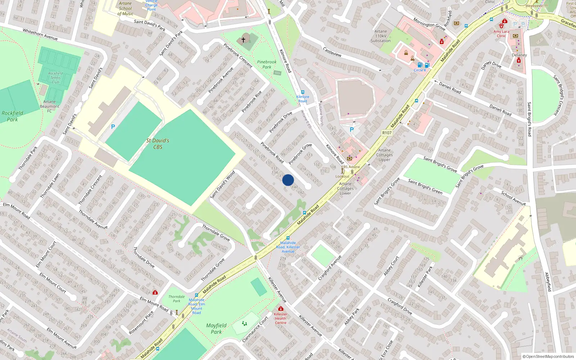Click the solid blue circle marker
288,180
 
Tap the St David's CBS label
158,144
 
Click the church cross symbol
243,40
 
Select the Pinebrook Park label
267,64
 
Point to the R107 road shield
387,133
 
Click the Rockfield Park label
12,116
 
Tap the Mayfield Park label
216,328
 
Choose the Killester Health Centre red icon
280,309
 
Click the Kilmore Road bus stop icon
302,92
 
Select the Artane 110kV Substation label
381,36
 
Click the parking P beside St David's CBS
113,127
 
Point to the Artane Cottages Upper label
384,155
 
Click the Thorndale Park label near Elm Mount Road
176,299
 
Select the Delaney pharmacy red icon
519,60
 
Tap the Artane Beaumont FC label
50,106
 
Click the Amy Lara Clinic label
501,33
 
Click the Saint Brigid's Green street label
425,186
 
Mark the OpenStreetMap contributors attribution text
548,356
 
